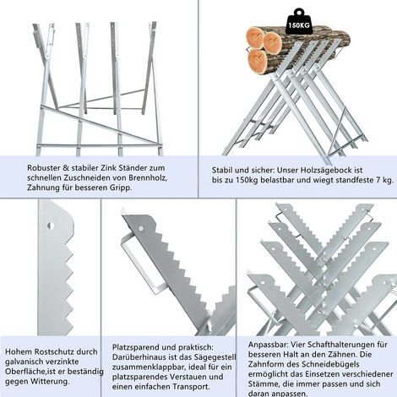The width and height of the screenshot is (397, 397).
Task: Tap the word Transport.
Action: tap(192, 387)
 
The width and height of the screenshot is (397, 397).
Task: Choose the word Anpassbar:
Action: tap(268, 345)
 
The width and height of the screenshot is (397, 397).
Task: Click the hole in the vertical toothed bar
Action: tap(51, 226)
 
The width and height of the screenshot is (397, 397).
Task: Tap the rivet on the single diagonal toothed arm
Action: tap(141, 228)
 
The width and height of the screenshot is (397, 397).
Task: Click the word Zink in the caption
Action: tap(109, 168)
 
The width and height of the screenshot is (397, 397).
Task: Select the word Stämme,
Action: tap(262, 384)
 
